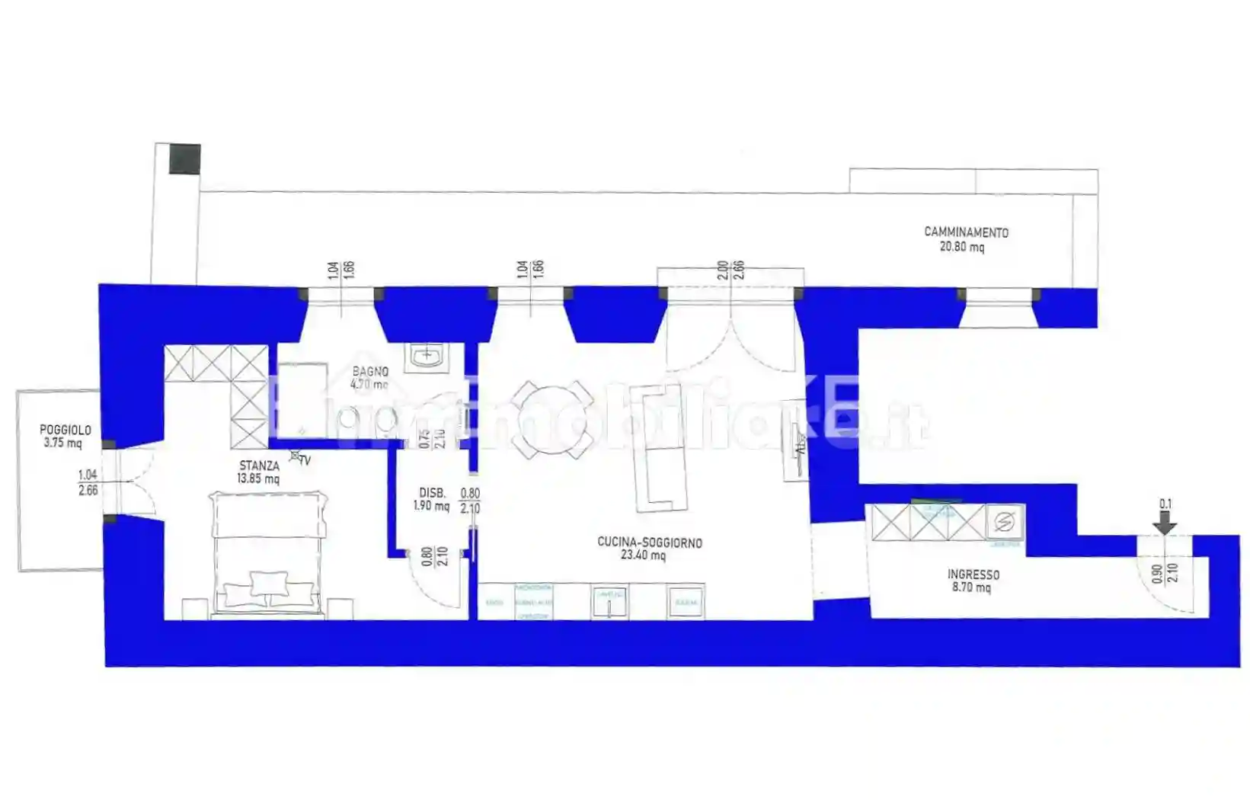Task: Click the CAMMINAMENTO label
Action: pyautogui.click(x=966, y=232)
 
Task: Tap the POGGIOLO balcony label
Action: pyautogui.click(x=66, y=430)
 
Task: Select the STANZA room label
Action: pyautogui.click(x=259, y=466)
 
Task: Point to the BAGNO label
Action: pyautogui.click(x=370, y=372)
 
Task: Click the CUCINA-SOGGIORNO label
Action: pyautogui.click(x=650, y=542)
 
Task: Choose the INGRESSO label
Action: pyautogui.click(x=973, y=574)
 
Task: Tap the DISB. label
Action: pyautogui.click(x=432, y=493)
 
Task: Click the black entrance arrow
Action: pyautogui.click(x=1165, y=523)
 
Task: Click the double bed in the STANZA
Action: pyautogui.click(x=268, y=552)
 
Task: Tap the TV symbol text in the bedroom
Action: pyautogui.click(x=305, y=460)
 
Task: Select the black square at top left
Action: pyautogui.click(x=184, y=158)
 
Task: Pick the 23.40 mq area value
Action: pyautogui.click(x=643, y=555)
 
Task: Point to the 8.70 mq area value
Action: pyautogui.click(x=971, y=587)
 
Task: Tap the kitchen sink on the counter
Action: pyautogui.click(x=609, y=602)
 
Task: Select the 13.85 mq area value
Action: pyautogui.click(x=258, y=478)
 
